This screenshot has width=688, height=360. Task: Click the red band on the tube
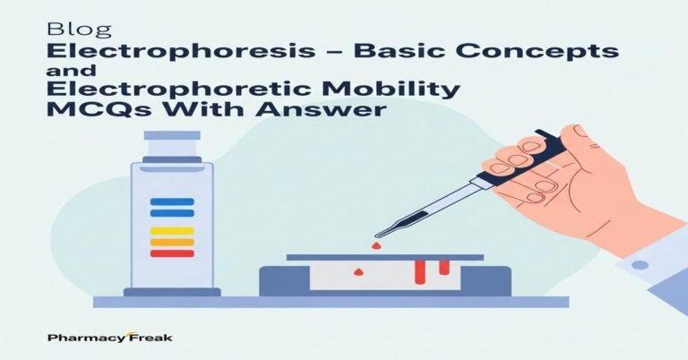point(172,253)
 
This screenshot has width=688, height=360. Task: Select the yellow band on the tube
point(172,230)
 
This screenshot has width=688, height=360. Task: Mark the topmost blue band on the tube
point(172,201)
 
